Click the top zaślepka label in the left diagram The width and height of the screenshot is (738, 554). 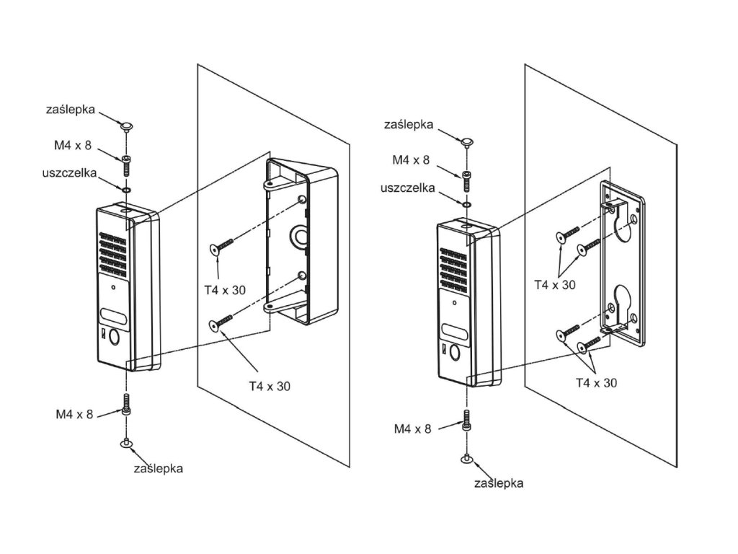click(71, 110)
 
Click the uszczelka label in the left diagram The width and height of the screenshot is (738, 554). click(69, 173)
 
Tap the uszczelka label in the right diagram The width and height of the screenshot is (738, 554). click(408, 188)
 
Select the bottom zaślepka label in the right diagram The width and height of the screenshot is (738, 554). click(499, 483)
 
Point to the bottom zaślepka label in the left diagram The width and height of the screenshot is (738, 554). click(158, 468)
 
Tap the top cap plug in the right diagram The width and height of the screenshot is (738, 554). click(466, 141)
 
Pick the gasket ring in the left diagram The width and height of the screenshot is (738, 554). click(126, 190)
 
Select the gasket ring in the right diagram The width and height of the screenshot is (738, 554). click(466, 205)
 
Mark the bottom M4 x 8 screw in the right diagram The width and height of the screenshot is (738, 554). click(466, 421)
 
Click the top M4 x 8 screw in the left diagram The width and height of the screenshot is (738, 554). click(126, 166)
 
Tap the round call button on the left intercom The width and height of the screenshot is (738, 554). click(115, 337)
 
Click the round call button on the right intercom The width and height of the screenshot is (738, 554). click(455, 352)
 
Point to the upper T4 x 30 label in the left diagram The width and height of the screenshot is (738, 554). click(225, 290)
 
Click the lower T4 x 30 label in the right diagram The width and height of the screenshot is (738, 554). click(596, 383)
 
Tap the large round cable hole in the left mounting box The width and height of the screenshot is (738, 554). click(298, 236)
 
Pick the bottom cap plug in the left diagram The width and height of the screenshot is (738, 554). click(126, 443)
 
